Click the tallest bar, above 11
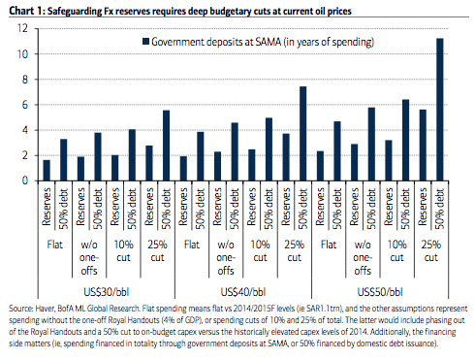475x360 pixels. [440, 110]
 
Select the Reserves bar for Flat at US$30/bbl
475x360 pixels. [47, 170]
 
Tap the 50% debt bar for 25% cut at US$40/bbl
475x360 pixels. [303, 134]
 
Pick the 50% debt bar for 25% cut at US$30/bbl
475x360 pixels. [166, 146]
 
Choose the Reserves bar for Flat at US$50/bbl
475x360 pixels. [320, 166]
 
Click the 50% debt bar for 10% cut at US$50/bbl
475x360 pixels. [405, 140]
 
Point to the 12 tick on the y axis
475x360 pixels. [22, 28]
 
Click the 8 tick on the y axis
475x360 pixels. [25, 80]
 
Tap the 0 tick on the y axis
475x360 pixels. [25, 180]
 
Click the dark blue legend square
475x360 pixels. [145, 42]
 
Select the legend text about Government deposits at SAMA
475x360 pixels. [263, 42]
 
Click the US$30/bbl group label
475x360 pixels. [106, 292]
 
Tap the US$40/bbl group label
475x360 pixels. [243, 292]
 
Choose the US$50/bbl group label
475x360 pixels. [380, 292]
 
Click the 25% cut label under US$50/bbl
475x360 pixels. [431, 251]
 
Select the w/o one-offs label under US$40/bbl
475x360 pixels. [226, 257]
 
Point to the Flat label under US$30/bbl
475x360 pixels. [54, 245]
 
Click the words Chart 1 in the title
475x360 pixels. [26, 11]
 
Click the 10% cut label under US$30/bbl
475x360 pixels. [123, 251]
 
